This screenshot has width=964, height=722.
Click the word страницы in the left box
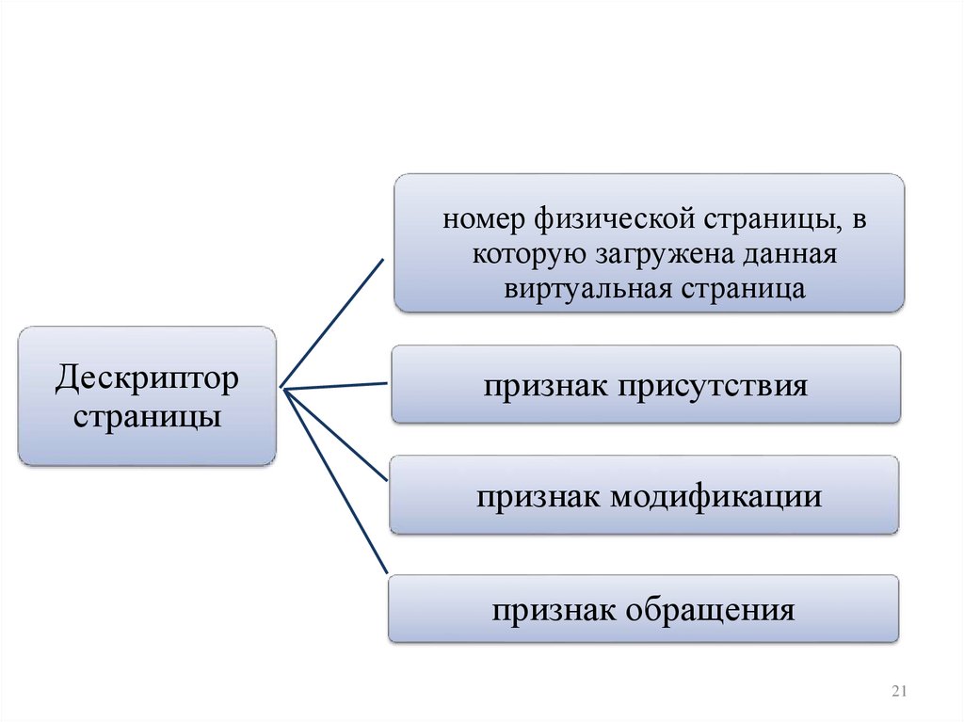click(x=147, y=414)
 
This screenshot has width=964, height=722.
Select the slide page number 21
click(x=897, y=693)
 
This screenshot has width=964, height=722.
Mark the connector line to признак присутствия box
click(x=334, y=384)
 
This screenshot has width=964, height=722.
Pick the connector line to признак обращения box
click(x=337, y=482)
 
